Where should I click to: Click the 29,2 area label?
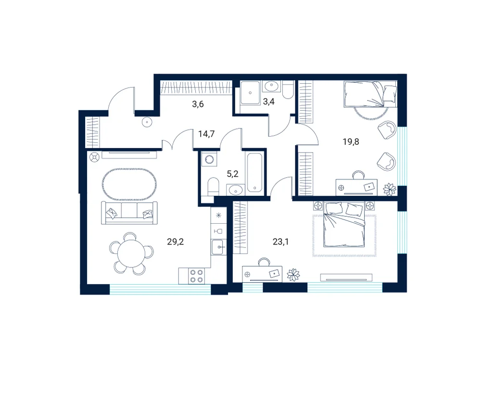(176, 242)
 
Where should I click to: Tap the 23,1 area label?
(281, 242)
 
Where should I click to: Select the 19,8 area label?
(351, 142)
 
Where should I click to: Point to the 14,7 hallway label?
(206, 134)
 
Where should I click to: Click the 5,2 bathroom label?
(232, 174)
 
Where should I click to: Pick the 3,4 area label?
(269, 101)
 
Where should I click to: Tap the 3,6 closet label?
(198, 104)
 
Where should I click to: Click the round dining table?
(131, 254)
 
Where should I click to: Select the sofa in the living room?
(129, 213)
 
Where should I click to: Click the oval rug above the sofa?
(130, 184)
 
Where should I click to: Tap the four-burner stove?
(197, 276)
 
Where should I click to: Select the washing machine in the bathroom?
(210, 160)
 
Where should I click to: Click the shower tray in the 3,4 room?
(251, 92)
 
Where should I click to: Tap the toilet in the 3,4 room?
(288, 89)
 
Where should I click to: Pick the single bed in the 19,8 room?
(370, 94)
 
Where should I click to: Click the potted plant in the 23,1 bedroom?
(293, 275)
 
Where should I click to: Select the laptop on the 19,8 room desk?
(369, 186)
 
